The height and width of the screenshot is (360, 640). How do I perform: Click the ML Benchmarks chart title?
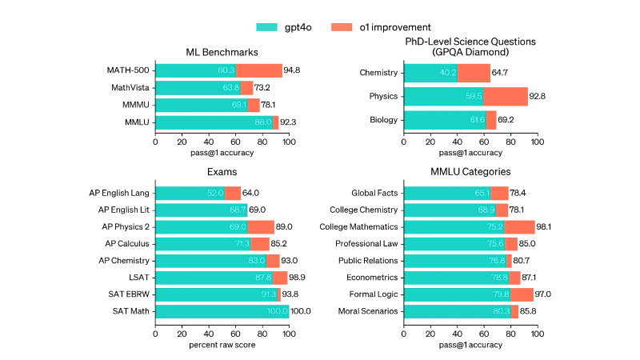(x=222, y=53)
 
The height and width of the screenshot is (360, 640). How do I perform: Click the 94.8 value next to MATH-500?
(x=294, y=70)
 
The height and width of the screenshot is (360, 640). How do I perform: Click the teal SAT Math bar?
(x=222, y=311)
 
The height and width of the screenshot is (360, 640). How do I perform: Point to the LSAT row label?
(x=138, y=278)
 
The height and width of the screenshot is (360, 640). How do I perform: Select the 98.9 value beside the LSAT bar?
(x=300, y=278)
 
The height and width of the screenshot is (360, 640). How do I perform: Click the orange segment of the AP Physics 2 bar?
(x=261, y=226)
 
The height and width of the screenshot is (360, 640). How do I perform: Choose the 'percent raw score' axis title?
(x=222, y=345)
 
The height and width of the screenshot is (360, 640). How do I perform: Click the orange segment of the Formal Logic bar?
(x=522, y=294)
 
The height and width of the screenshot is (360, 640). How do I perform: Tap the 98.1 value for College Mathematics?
(x=548, y=226)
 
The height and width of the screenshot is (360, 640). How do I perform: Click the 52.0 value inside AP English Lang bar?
(x=214, y=193)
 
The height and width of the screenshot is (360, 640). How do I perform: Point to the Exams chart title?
(x=222, y=171)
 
